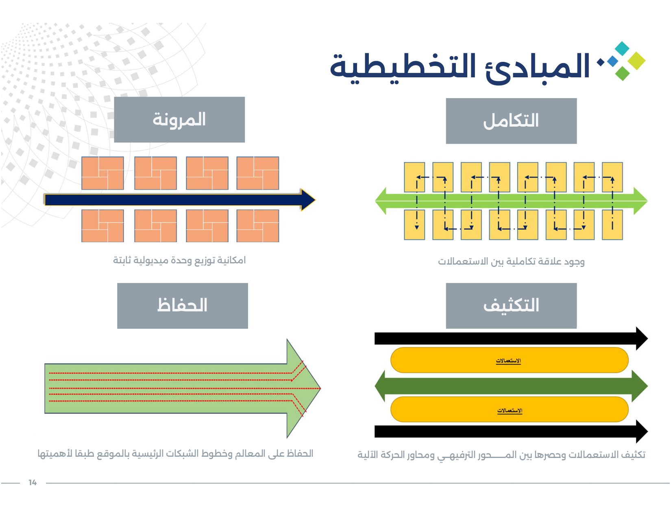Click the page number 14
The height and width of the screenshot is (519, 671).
pos(33,482)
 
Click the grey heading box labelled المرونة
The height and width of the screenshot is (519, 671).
pos(179,120)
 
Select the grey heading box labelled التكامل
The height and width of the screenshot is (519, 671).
pos(511,121)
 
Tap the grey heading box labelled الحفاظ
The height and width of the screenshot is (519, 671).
pos(182,306)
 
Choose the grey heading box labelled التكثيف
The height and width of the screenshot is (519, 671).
pos(511,306)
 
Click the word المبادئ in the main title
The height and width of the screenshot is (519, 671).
pos(537,66)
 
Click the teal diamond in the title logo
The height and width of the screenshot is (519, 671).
pos(622,48)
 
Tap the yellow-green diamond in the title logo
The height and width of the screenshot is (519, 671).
pos(636,61)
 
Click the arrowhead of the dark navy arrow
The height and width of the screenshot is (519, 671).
pos(308,200)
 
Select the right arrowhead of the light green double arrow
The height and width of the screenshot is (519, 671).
pos(640,201)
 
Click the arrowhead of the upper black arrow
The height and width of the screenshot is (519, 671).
pos(641,338)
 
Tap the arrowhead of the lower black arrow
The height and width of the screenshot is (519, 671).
pos(641,431)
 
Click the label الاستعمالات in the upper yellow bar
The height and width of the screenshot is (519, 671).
pos(508,361)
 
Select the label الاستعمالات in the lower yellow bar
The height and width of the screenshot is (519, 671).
pos(510,410)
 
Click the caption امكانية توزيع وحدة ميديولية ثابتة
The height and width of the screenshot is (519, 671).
pos(179,260)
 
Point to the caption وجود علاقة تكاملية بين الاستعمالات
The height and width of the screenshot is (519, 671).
pos(511,261)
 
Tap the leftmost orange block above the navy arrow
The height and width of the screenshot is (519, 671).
pos(102,173)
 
